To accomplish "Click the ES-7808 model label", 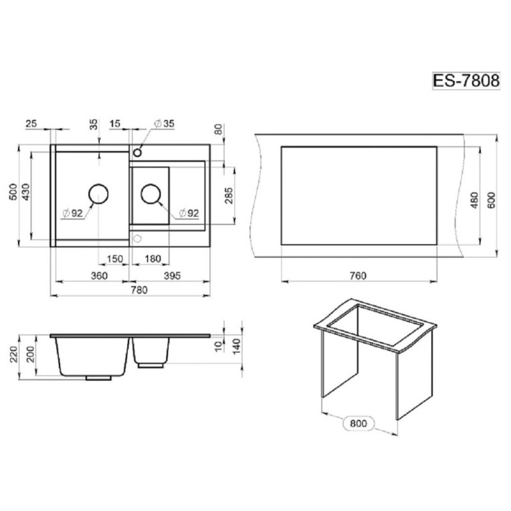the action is [466, 80].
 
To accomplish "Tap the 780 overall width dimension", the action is [139, 290].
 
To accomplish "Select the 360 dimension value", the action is [99, 276].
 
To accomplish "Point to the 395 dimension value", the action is [172, 276].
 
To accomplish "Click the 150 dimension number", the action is [115, 259].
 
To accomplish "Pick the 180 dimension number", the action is [153, 259].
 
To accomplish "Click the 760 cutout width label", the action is [358, 276].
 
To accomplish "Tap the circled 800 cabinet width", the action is [358, 423].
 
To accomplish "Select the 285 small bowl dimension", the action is [229, 195].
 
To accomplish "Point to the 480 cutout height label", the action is [475, 201].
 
